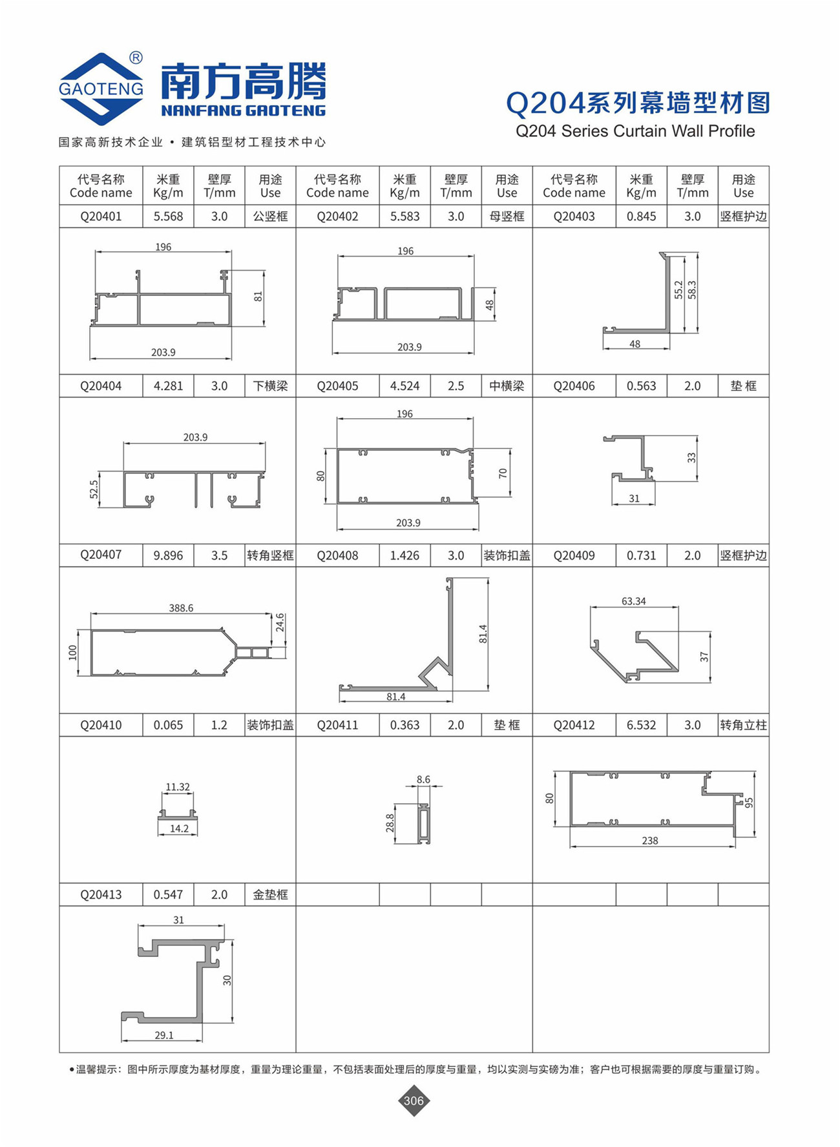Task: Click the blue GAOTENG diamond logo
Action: tap(101, 89)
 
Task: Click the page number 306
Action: tap(414, 1100)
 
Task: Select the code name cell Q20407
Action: tap(101, 554)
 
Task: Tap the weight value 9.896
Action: tap(168, 555)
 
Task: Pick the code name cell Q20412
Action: tap(574, 725)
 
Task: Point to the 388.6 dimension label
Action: tap(181, 608)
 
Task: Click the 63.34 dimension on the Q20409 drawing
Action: tap(633, 601)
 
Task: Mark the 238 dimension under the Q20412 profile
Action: tap(650, 841)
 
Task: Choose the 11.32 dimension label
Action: tap(178, 787)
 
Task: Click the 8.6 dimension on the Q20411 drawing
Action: tap(423, 779)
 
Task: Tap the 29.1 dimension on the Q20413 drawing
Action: tap(164, 1035)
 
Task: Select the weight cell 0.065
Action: tap(168, 725)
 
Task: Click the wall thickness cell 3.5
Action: tap(219, 555)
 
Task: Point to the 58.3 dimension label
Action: tap(692, 289)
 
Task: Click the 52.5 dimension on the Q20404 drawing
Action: tap(94, 489)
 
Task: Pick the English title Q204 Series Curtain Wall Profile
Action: tap(635, 131)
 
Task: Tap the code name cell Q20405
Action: tap(337, 386)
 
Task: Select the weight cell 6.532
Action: tap(641, 725)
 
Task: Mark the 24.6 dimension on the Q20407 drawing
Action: tap(280, 622)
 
